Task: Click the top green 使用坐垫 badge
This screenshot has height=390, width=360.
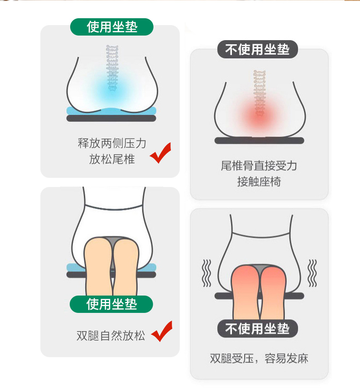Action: [x=112, y=27]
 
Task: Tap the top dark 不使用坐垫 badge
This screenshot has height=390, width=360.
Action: [x=257, y=49]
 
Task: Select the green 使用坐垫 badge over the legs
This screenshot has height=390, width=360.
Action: [x=111, y=304]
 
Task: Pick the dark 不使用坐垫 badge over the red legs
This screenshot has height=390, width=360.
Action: [x=257, y=328]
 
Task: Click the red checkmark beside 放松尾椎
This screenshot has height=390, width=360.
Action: [x=160, y=153]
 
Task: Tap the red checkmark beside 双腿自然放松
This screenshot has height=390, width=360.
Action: [x=161, y=331]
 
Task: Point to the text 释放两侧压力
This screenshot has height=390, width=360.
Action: [x=112, y=143]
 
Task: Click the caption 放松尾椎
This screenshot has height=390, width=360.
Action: [x=112, y=159]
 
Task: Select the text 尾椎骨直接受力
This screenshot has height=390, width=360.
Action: [x=259, y=166]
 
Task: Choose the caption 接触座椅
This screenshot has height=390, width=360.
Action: [x=259, y=182]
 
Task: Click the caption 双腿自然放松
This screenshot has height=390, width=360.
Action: [x=111, y=336]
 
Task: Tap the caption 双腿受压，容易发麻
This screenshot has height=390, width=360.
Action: [x=259, y=359]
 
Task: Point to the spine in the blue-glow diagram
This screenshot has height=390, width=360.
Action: [x=112, y=68]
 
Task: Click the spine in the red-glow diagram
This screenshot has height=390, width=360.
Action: [x=259, y=93]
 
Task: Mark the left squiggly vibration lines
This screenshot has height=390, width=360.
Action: [x=207, y=273]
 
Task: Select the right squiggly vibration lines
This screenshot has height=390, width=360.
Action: [x=312, y=273]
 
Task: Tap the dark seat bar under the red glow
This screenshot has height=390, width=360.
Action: [x=259, y=140]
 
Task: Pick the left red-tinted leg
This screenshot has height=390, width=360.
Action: [x=246, y=292]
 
